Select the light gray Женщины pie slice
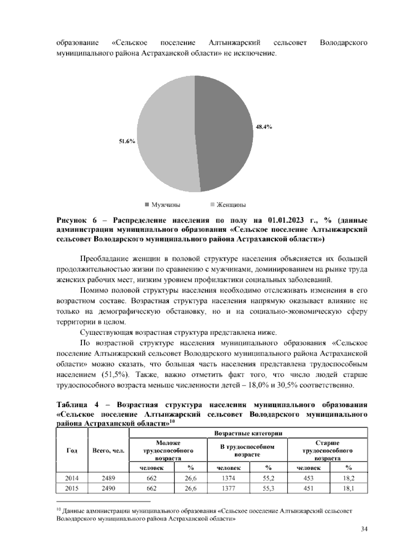165,135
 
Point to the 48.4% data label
264,127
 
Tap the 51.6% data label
127,141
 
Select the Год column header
72,451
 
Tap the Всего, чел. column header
108,451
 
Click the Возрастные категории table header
248,433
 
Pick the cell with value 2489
108,478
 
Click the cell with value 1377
228,488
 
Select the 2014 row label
72,478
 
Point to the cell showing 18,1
348,488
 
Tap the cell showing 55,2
268,478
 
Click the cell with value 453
308,478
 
